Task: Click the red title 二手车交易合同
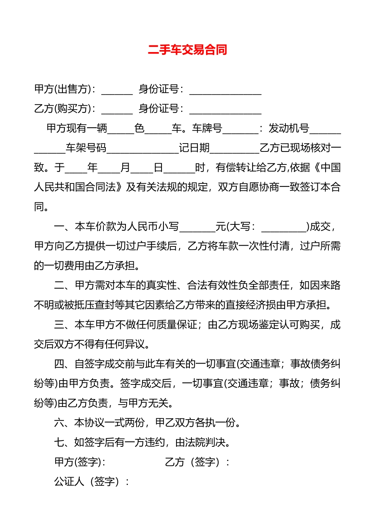point(187,50)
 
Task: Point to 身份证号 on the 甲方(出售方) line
point(159,89)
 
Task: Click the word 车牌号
point(207,128)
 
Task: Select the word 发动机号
point(289,128)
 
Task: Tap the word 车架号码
point(86,148)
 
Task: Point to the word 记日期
point(194,148)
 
